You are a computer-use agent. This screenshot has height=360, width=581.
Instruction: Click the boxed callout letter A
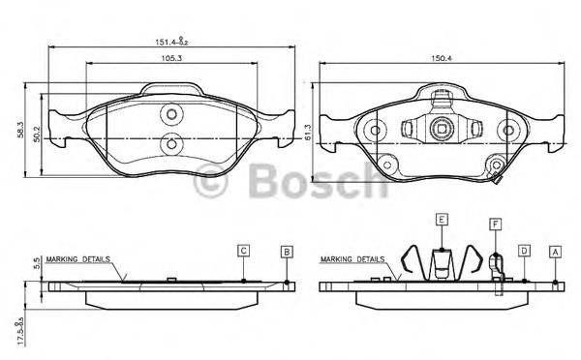(x=555, y=251)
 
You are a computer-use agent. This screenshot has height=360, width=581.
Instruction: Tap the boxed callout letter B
(x=287, y=252)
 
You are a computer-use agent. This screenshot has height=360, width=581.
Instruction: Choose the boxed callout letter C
(x=244, y=251)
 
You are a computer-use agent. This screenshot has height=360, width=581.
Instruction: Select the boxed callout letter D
(x=523, y=251)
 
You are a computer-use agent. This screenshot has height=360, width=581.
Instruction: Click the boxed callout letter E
(x=441, y=221)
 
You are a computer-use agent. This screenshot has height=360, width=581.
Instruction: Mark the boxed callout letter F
(x=495, y=224)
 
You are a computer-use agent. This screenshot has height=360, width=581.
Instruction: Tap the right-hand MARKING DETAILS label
(x=352, y=260)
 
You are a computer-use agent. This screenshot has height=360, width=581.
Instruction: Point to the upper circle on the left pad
(x=171, y=113)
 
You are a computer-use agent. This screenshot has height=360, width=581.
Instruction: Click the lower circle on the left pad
(x=171, y=145)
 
